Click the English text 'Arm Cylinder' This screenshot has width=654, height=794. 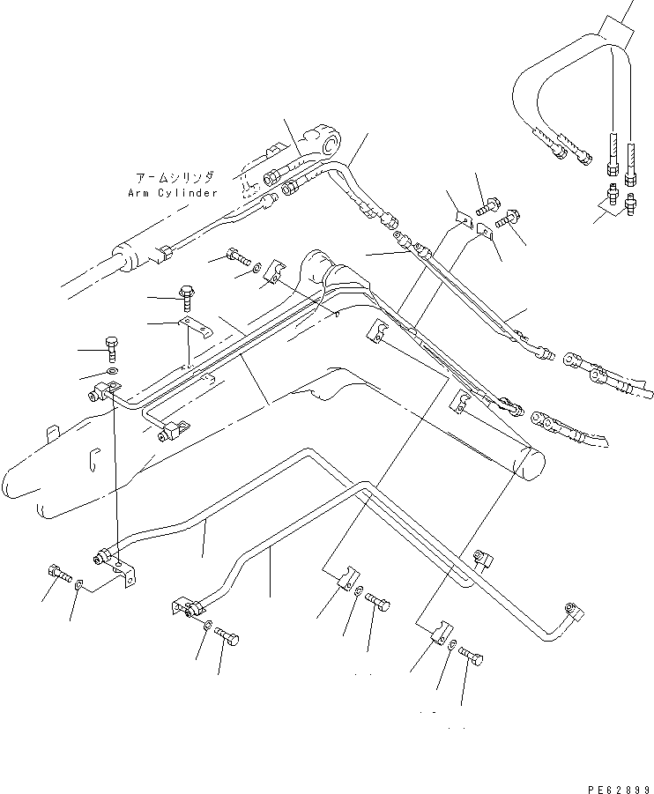[x=172, y=192]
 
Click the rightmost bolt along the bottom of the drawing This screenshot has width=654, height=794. [x=472, y=656]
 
